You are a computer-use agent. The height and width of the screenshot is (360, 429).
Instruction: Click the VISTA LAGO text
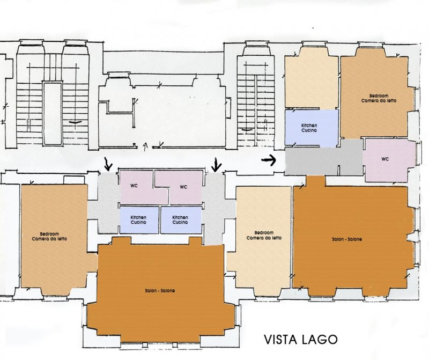pyautogui.click(x=300, y=340)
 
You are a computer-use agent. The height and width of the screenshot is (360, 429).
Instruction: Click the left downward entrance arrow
pyautogui.click(x=109, y=164)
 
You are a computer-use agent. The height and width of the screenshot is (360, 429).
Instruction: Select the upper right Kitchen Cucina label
pyautogui.click(x=309, y=128)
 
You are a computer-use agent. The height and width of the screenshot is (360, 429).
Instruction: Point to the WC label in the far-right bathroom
pyautogui.click(x=385, y=159)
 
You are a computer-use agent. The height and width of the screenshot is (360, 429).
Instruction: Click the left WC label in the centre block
pyautogui.click(x=134, y=186)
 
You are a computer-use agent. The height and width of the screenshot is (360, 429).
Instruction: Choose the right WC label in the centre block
pyautogui.click(x=183, y=187)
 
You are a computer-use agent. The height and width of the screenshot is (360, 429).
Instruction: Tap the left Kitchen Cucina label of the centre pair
pyautogui.click(x=138, y=220)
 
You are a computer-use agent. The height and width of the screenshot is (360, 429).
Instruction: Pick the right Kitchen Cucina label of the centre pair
pyautogui.click(x=180, y=220)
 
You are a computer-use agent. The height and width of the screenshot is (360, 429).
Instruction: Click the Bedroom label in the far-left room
pyautogui.click(x=49, y=237)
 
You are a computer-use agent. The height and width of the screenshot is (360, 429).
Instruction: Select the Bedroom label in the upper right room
pyautogui.click(x=379, y=98)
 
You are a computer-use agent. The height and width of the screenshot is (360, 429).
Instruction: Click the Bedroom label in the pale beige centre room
pyautogui.click(x=264, y=236)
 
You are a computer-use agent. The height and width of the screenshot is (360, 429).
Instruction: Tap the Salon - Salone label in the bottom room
pyautogui.click(x=160, y=291)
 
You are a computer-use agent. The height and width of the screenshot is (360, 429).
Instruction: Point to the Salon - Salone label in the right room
pyautogui.click(x=347, y=239)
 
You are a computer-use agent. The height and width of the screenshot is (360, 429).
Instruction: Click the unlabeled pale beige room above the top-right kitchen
pyautogui.click(x=312, y=79)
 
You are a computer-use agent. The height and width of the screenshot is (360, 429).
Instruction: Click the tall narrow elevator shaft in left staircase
pyautogui.click(x=52, y=113)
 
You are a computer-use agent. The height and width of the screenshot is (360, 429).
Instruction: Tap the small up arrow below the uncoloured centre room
pyautogui.click(x=145, y=148)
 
